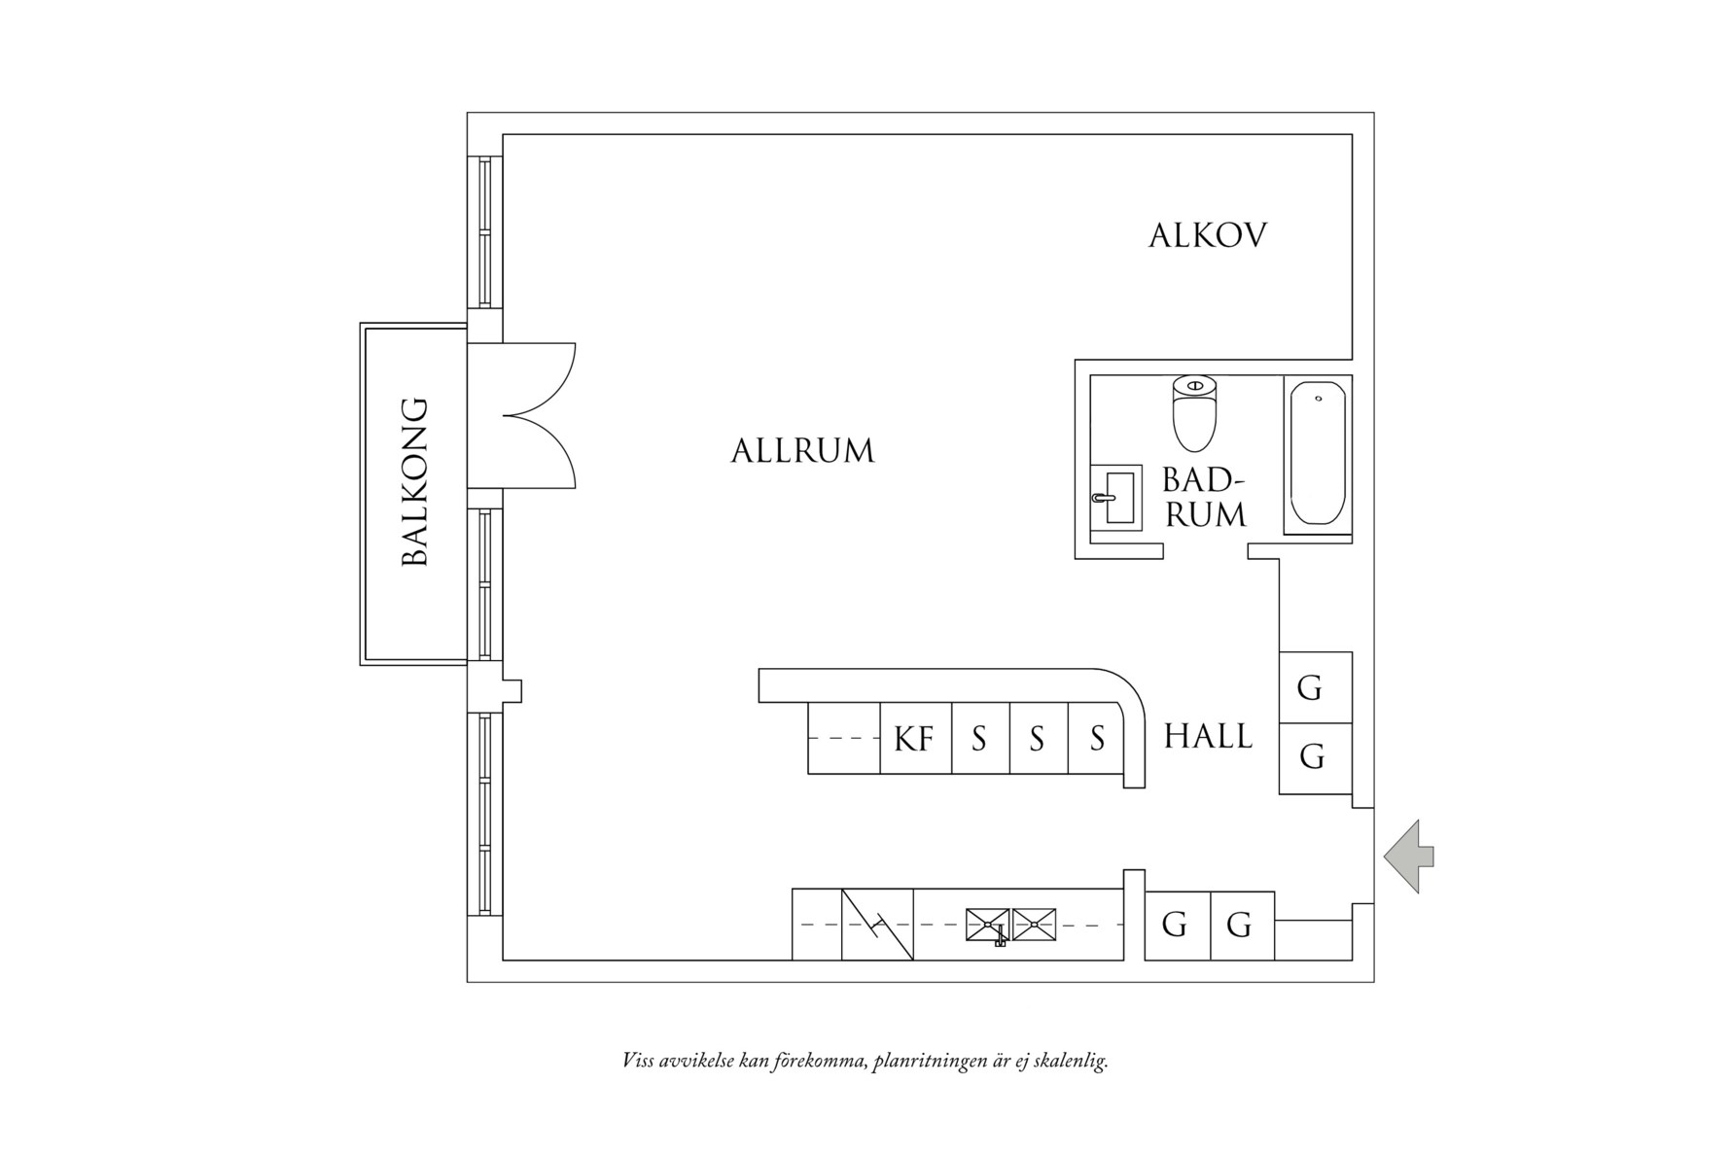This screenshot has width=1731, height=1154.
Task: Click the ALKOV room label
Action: coord(1207,236)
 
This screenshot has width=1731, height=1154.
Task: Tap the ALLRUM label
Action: coord(802,451)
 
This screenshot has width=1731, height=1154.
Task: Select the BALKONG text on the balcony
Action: coord(415,481)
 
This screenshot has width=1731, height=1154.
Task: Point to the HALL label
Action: coord(1208,736)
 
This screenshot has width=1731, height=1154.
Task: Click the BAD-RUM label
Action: coord(1205,498)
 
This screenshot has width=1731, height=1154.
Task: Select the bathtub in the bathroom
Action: coord(1318,454)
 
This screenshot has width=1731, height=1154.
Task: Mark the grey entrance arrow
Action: coord(1408,856)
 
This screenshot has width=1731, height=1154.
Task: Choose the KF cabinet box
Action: coord(915,739)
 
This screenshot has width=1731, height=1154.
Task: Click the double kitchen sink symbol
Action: coord(1010,925)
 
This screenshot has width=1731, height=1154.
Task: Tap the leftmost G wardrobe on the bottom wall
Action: coord(1176,925)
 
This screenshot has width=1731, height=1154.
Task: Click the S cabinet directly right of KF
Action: coord(980,739)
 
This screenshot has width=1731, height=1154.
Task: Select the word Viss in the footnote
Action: coord(637,1060)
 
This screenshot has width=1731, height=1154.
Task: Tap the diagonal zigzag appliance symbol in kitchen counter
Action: coord(877,925)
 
